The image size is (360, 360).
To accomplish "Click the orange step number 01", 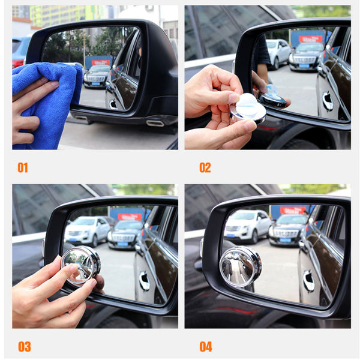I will pos(22,167).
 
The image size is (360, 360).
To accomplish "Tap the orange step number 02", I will pos(205,167).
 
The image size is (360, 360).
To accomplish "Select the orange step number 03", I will pos(24,347).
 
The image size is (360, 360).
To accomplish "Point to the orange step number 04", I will pos(206,347).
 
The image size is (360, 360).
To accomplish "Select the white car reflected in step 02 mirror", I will pos(278,53).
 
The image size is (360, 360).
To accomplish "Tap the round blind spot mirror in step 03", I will pos(80,264).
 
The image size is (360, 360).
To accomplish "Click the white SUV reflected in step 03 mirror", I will pos(88,230).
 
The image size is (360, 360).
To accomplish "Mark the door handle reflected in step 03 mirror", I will pos(144,279).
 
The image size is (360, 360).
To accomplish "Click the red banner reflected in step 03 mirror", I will pos(130,216).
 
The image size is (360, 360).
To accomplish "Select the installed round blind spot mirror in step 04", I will pos(240,266).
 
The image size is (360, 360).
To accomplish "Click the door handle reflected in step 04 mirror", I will pos(308,280).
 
